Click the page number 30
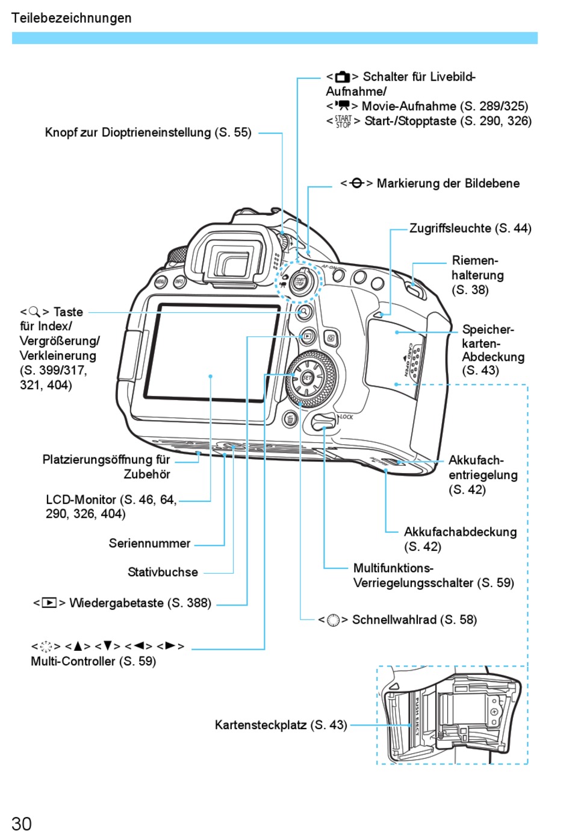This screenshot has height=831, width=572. click(x=21, y=823)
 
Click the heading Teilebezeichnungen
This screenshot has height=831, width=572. click(x=71, y=18)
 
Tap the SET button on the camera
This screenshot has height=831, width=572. click(x=307, y=378)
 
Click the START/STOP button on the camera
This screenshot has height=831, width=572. click(x=299, y=281)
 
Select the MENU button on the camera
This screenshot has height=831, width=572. click(x=161, y=281)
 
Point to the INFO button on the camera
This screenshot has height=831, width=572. click(x=179, y=281)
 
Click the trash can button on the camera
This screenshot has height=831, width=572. click(x=290, y=419)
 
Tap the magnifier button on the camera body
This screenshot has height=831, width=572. click(x=304, y=312)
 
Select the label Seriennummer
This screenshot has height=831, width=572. click(x=149, y=543)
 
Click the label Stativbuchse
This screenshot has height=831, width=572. click(x=163, y=572)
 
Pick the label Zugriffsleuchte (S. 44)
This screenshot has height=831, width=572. click(x=470, y=228)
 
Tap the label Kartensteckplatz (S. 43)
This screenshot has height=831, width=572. click(x=281, y=724)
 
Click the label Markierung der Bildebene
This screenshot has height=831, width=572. click(x=447, y=183)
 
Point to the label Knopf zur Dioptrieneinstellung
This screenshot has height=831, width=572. click(x=148, y=133)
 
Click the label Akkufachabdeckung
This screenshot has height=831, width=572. click(x=460, y=532)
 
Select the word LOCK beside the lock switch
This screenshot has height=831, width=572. click(x=346, y=416)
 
